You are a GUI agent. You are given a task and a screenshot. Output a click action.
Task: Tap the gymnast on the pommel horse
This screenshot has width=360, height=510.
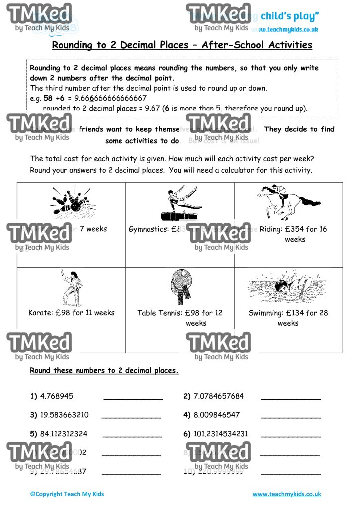[180, 205]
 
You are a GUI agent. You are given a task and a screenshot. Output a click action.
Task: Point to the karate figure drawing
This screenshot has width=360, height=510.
[70, 288]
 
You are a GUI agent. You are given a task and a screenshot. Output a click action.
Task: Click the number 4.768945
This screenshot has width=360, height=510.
[57, 396]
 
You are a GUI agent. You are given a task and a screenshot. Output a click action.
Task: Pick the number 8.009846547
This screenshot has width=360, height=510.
[217, 415]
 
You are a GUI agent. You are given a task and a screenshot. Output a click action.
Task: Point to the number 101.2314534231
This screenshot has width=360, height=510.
[221, 434]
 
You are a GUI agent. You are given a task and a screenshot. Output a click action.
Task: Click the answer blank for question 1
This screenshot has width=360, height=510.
[133, 398]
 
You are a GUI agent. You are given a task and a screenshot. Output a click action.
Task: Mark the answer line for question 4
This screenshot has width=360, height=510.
[291, 416]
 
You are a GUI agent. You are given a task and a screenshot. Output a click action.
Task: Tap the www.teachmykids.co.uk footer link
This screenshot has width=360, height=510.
[287, 494]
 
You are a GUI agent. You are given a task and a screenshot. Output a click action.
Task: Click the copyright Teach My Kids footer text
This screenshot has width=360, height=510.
[67, 494]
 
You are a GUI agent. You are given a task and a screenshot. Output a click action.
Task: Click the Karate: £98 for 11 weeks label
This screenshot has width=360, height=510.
[71, 313]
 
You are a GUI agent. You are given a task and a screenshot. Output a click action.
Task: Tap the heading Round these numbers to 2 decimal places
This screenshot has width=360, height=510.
[104, 371]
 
